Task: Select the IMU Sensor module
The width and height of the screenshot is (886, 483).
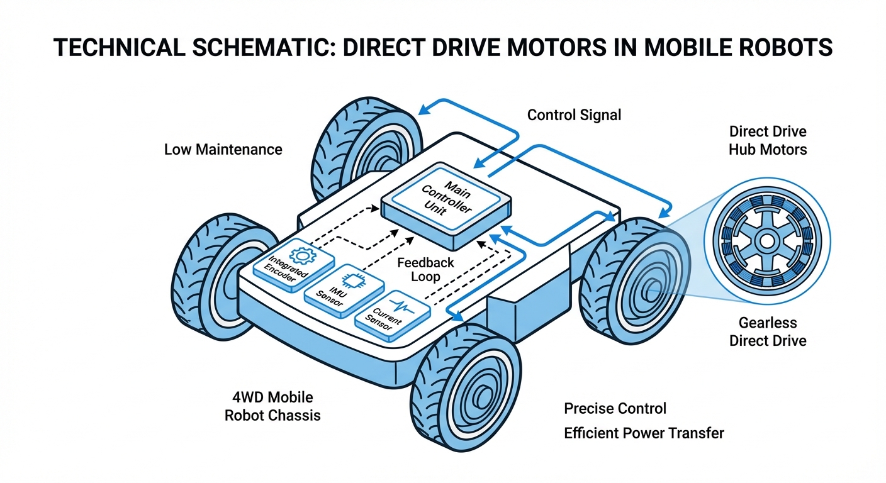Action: pyautogui.click(x=343, y=289)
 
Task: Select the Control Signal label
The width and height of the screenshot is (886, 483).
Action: pyautogui.click(x=574, y=115)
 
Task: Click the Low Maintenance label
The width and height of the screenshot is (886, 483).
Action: pyautogui.click(x=223, y=150)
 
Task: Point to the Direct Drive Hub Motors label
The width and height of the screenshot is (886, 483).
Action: pyautogui.click(x=767, y=141)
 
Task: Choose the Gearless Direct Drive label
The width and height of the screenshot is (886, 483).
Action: pyautogui.click(x=767, y=332)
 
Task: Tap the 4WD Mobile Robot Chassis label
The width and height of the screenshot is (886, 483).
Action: pyautogui.click(x=272, y=406)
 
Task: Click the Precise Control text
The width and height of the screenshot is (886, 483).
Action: pyautogui.click(x=615, y=409)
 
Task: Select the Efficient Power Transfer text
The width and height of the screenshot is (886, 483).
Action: pyautogui.click(x=644, y=433)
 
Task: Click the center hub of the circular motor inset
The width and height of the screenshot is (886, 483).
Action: pyautogui.click(x=766, y=241)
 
